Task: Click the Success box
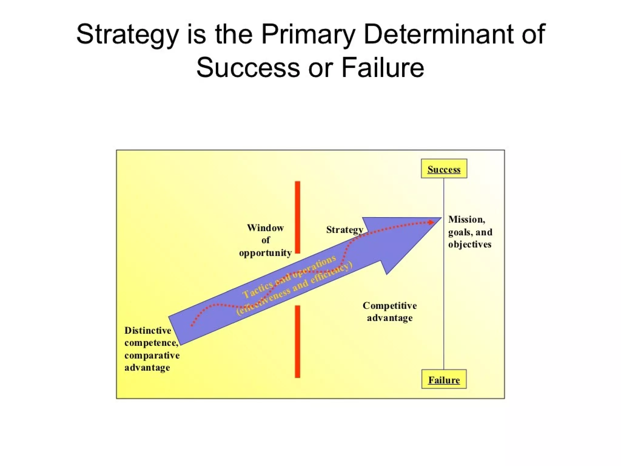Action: click(x=444, y=169)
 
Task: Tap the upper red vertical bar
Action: click(x=297, y=217)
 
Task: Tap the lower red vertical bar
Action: click(x=297, y=341)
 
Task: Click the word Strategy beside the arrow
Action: click(x=344, y=230)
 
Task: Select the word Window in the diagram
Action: click(x=265, y=228)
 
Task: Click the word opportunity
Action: click(x=265, y=253)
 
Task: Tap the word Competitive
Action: click(x=390, y=306)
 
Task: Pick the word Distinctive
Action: click(x=148, y=330)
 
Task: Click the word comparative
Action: click(x=152, y=355)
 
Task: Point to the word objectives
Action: click(x=470, y=244)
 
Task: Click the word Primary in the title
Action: click(x=308, y=34)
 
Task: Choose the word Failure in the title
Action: click(x=383, y=67)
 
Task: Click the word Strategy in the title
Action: click(x=127, y=34)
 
